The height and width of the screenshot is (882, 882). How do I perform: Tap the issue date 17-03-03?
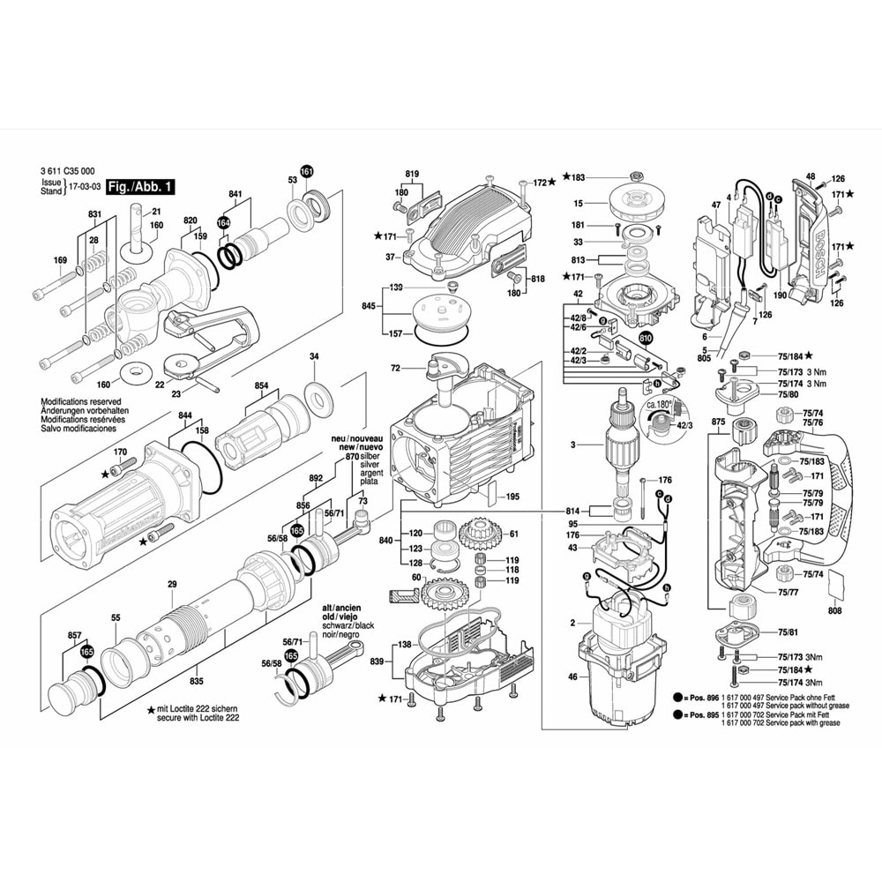tap(85, 188)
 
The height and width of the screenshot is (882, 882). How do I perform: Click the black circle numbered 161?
tap(306, 171)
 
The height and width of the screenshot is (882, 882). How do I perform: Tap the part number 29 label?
tap(172, 584)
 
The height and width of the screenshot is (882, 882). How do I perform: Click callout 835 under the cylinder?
tap(196, 682)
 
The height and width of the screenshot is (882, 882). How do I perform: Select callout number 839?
tap(377, 661)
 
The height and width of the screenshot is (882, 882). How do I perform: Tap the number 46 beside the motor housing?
tap(572, 676)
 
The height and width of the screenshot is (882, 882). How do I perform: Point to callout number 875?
tap(719, 423)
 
